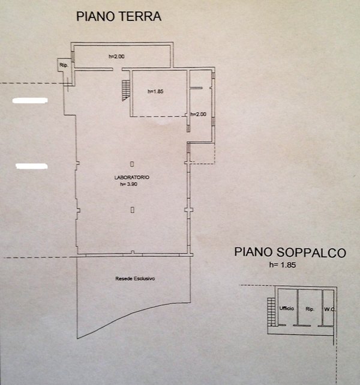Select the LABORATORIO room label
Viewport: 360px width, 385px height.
132,178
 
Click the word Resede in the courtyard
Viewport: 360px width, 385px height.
124,279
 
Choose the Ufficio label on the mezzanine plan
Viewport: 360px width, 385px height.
286,308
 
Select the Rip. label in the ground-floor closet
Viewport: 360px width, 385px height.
62,64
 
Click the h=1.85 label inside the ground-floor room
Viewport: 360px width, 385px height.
155,91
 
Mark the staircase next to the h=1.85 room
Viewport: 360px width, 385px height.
125,89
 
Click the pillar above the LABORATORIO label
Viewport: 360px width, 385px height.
132,163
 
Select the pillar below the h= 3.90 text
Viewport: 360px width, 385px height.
132,209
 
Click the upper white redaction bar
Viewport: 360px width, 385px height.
29,102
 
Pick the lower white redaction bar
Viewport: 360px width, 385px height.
31,165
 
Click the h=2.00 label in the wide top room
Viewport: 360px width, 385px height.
116,57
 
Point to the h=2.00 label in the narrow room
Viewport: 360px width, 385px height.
198,114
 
